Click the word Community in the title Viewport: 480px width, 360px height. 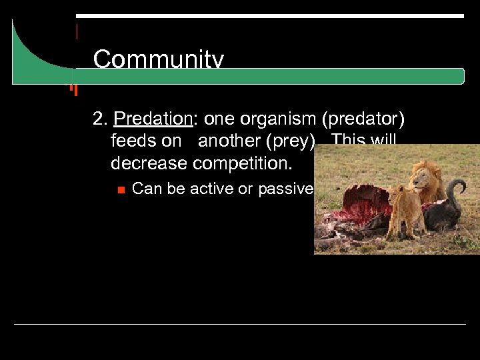coord(158,60)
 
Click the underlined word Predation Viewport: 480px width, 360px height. coord(152,119)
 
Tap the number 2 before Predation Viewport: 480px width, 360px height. coord(99,119)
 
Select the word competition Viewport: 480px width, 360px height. coord(249,163)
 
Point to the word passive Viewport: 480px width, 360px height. coord(285,189)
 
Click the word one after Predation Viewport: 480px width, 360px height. coord(219,119)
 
